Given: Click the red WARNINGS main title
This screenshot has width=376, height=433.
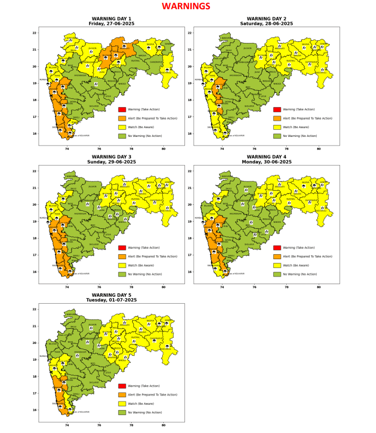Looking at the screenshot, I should point(186,7).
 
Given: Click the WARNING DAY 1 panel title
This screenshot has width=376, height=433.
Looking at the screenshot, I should point(111,18).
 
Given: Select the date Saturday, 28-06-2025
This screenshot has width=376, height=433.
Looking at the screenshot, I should point(266,24).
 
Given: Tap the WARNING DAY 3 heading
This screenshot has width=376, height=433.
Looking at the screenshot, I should point(111,157).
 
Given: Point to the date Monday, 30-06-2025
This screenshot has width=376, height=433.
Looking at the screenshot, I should point(266,162).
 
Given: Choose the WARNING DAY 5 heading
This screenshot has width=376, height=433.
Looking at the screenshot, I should point(111,295).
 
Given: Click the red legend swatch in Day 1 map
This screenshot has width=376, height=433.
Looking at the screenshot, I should point(122,110).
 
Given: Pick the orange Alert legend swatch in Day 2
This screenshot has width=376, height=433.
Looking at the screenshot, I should point(277,118).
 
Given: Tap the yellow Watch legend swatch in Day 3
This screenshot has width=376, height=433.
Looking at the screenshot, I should point(122,265).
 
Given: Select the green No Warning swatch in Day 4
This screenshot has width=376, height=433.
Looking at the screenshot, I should point(277,274).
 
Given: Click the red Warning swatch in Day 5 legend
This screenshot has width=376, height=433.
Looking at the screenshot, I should point(122,386).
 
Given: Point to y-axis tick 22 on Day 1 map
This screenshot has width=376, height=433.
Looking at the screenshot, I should point(35,33).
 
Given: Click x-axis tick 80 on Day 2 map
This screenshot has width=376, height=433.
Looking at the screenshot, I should point(318,148).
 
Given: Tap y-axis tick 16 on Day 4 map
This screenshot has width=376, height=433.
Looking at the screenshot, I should point(190,272).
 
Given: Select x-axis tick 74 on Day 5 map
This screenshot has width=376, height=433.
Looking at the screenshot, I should point(67,425).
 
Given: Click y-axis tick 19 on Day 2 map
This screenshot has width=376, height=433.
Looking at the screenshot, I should point(190,83).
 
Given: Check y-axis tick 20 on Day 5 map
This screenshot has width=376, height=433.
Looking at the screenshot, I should point(35,343).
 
